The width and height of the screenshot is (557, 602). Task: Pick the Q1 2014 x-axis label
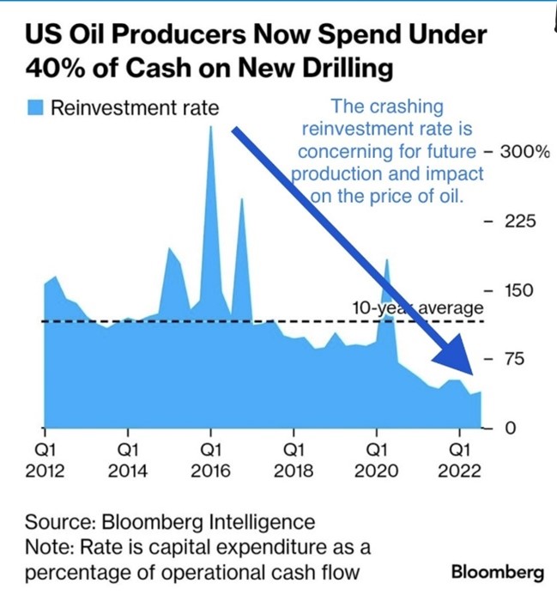coord(128,459)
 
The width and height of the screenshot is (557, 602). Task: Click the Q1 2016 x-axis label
coord(211,459)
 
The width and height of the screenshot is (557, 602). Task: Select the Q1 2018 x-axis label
coord(294,459)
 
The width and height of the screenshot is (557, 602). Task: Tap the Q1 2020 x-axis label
coord(377,459)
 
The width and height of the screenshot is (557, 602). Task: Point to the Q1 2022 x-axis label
coord(460,459)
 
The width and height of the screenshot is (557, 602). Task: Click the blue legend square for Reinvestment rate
coord(35,108)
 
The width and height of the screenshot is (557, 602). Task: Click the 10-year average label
coord(418,307)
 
